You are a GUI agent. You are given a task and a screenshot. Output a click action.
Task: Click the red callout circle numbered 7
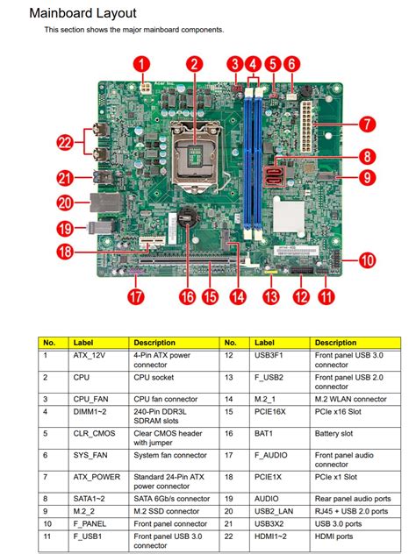click(367, 124)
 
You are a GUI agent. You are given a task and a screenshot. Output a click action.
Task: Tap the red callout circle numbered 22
click(65, 142)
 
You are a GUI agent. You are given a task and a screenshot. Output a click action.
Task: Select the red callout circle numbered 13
click(271, 296)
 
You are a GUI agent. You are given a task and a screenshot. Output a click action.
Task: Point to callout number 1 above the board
click(141, 64)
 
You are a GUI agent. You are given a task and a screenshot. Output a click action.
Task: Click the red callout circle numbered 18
click(65, 252)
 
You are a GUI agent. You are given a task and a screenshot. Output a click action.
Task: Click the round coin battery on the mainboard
click(187, 217)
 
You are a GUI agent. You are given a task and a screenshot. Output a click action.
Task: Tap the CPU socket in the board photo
click(194, 153)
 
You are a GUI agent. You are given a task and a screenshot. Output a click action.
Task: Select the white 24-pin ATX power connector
click(306, 126)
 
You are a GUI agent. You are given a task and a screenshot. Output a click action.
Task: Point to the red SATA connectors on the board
click(274, 176)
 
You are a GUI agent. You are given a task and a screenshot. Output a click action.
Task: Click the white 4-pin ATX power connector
click(146, 88)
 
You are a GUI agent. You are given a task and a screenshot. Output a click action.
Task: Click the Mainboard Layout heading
click(82, 13)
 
